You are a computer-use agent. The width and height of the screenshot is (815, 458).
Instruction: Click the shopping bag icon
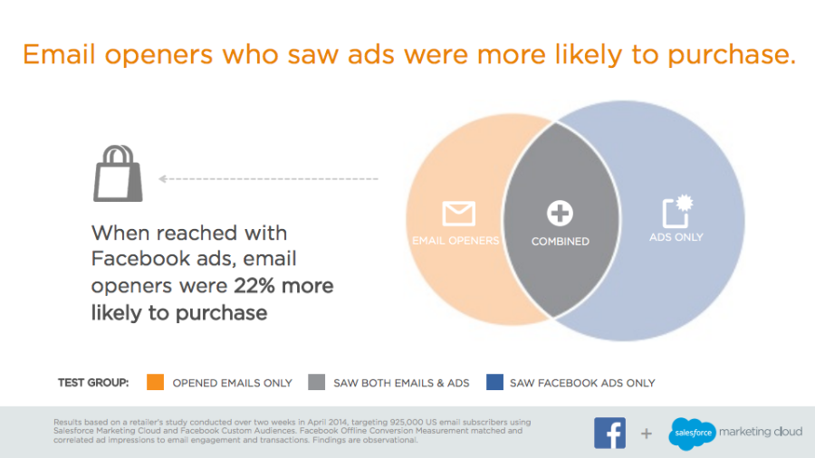tap(118, 174)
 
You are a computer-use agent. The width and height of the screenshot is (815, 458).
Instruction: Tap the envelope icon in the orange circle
tap(458, 213)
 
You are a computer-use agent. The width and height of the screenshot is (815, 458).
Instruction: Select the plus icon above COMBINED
tap(560, 213)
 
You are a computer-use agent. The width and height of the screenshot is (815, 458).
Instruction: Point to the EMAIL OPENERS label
tap(455, 241)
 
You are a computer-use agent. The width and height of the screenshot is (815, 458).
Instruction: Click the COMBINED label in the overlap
tap(561, 242)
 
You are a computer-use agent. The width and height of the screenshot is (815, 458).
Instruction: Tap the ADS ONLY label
tap(676, 237)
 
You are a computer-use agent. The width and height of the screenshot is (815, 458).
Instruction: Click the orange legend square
tap(156, 382)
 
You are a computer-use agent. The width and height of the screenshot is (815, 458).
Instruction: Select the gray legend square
tap(317, 382)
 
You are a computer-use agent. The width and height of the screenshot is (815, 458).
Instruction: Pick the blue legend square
tap(494, 382)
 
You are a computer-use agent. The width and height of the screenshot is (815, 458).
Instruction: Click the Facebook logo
tap(609, 433)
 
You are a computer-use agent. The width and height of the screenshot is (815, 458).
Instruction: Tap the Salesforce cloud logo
tap(693, 433)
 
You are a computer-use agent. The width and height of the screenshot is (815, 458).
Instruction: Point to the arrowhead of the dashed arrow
tap(162, 178)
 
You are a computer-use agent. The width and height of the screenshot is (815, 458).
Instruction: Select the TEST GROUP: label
tap(93, 383)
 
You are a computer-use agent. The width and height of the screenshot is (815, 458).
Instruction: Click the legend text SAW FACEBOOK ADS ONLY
tap(582, 383)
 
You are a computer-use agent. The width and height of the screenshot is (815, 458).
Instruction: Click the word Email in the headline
tap(59, 54)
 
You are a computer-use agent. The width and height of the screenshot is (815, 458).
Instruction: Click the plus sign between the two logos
tap(646, 433)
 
